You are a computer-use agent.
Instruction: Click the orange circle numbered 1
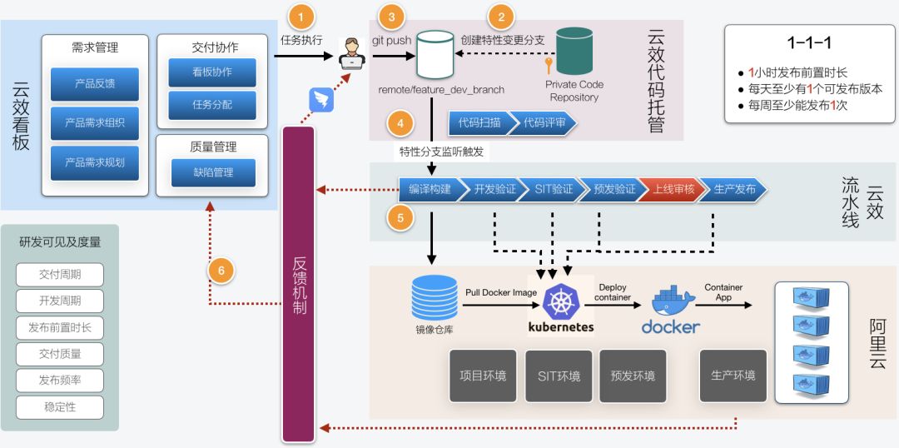[x=301, y=16]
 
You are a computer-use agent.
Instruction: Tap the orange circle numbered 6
[x=221, y=270]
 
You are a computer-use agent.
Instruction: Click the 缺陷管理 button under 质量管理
[x=213, y=172]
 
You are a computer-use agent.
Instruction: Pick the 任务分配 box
[x=212, y=105]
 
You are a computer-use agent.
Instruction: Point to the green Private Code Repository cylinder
[x=574, y=51]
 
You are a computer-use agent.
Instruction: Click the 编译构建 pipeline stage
[x=430, y=189]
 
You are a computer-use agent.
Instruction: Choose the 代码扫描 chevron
[x=479, y=122]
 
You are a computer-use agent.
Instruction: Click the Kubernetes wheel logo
[x=560, y=300]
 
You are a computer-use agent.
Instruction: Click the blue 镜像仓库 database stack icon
[x=435, y=298]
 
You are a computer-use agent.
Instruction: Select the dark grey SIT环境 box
[x=558, y=376]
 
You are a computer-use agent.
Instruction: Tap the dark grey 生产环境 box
[x=733, y=376]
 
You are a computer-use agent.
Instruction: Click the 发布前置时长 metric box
[x=60, y=327]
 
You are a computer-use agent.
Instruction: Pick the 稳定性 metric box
[x=60, y=407]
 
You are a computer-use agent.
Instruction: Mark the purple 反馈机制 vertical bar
[x=299, y=283]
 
